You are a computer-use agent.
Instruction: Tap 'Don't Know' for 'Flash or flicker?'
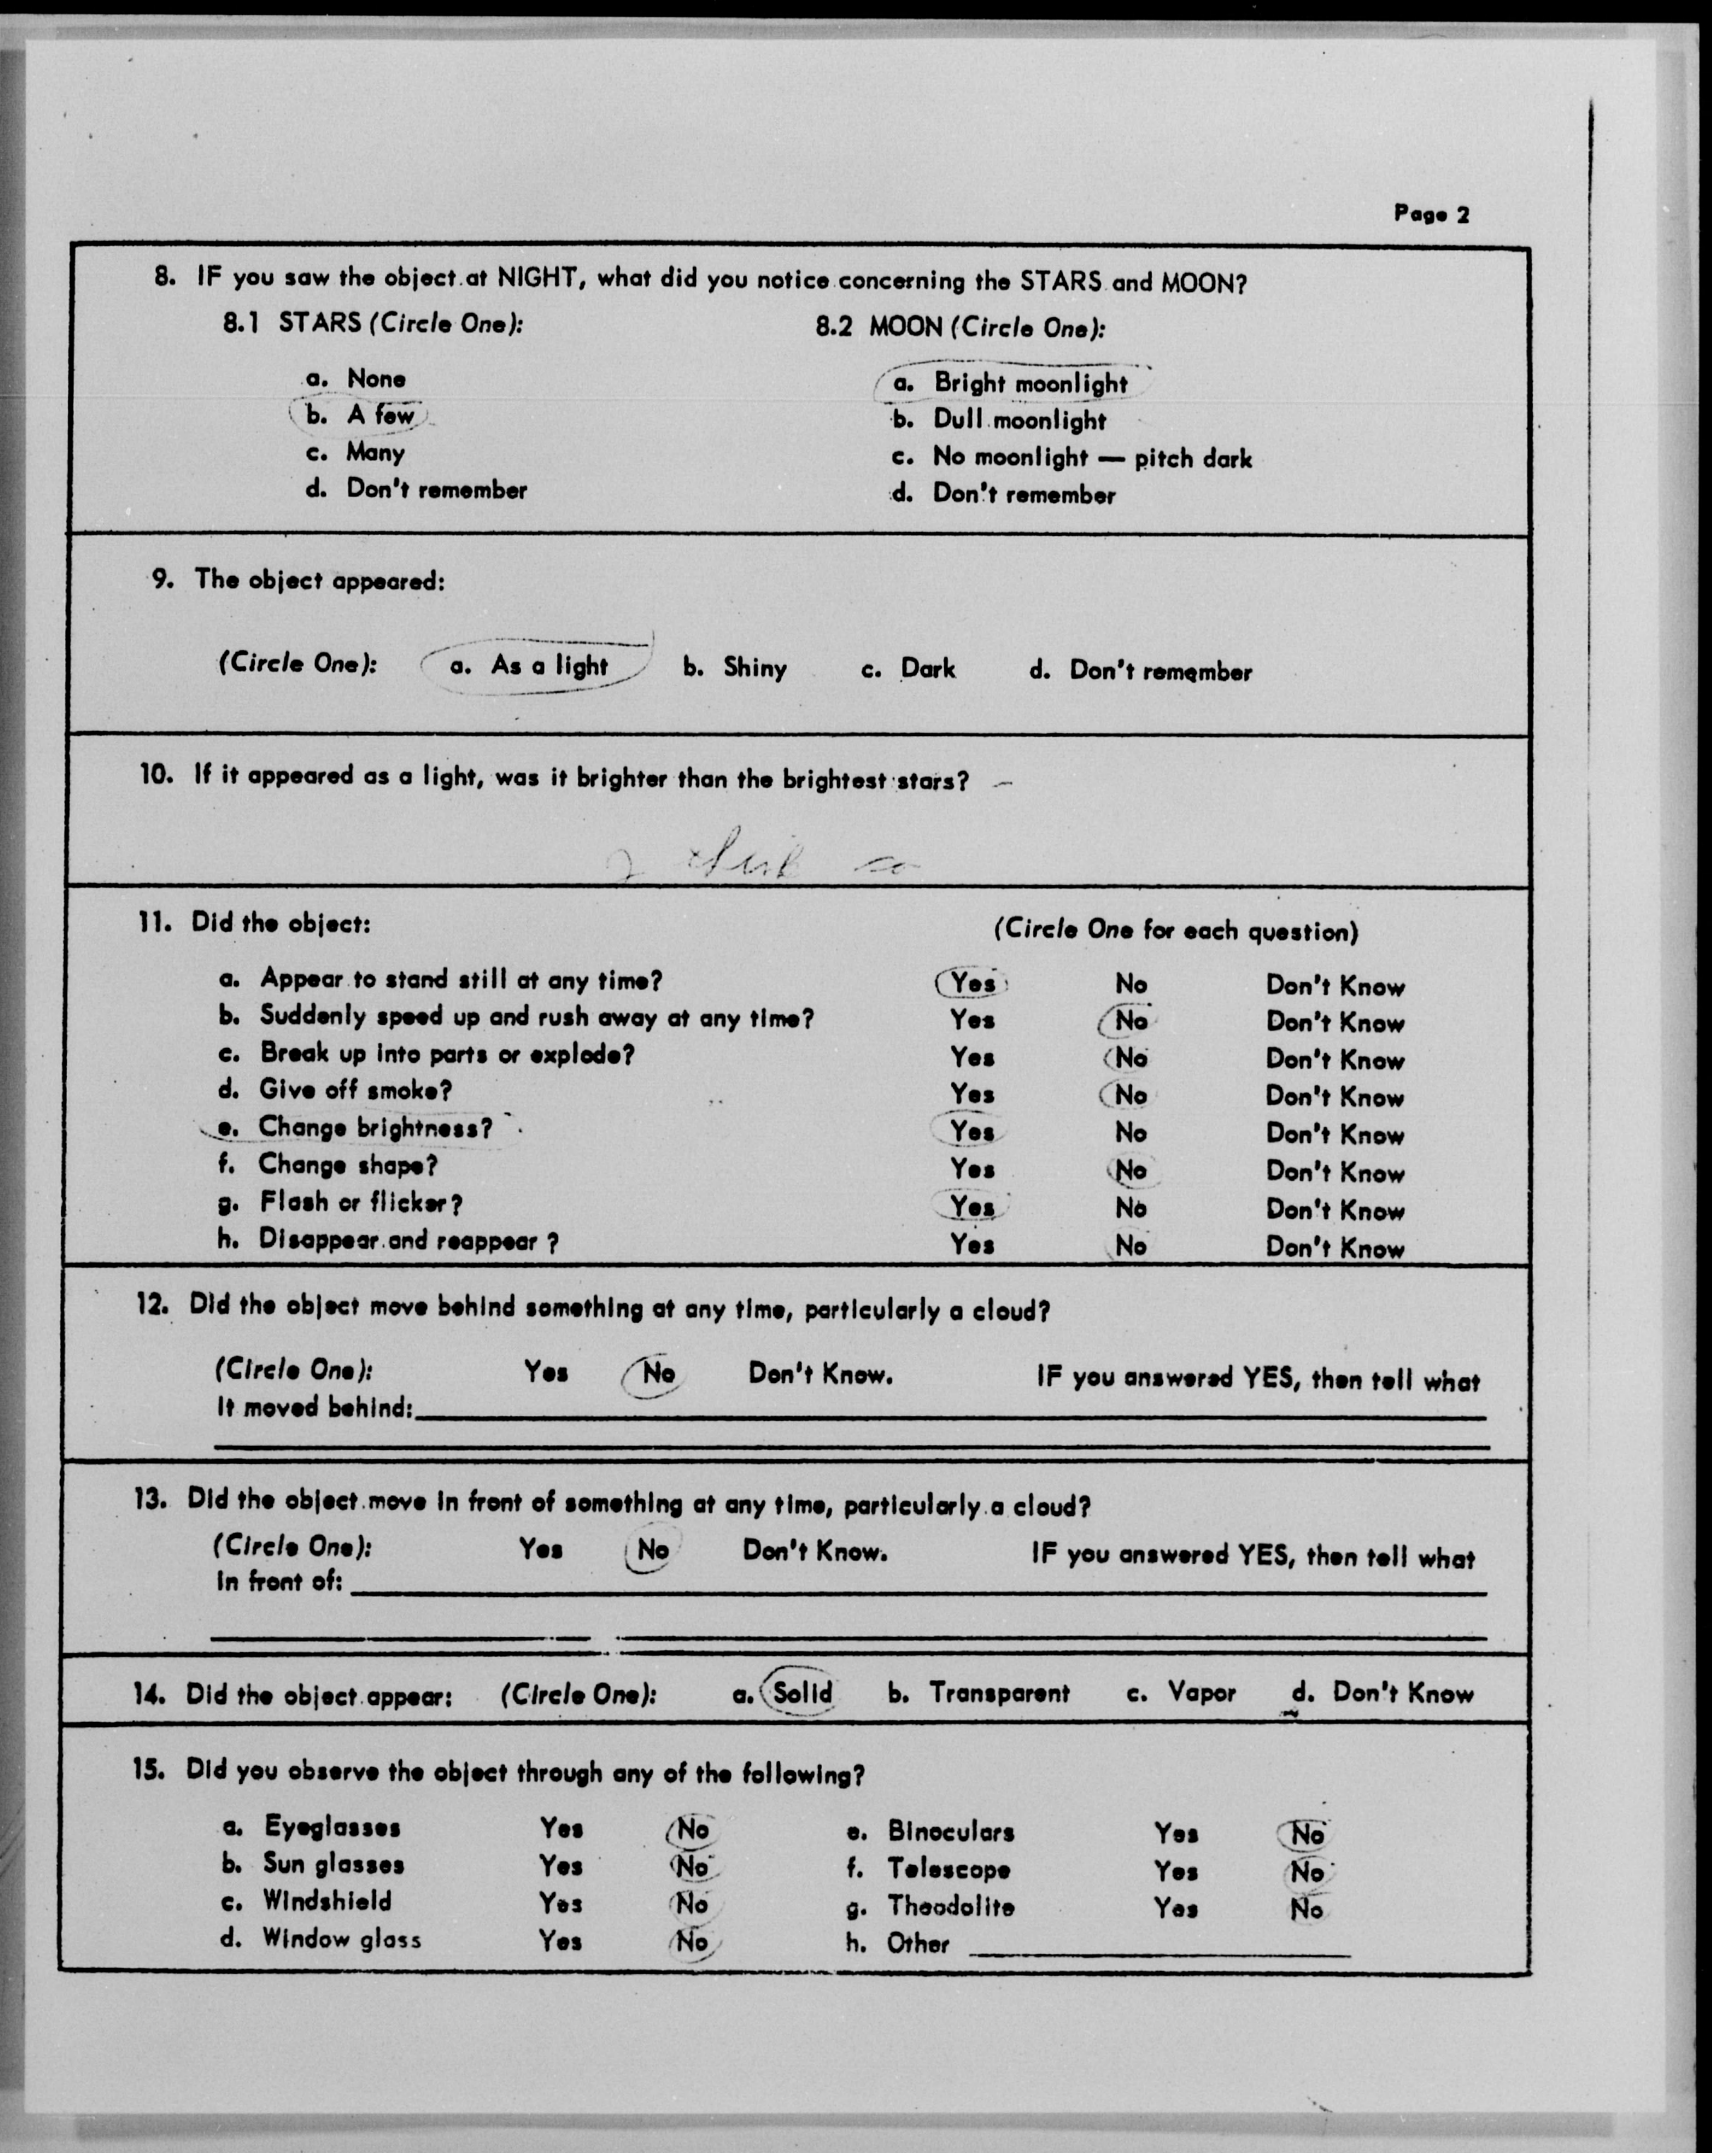(1335, 1210)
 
